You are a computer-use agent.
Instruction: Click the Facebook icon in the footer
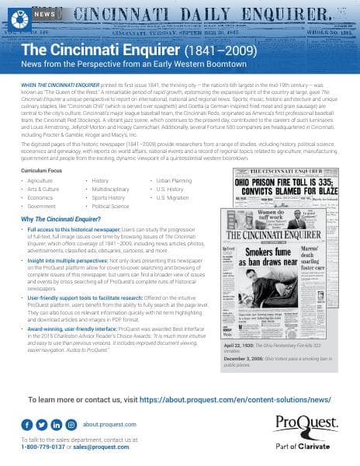[29, 424]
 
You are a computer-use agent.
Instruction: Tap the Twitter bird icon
[43, 424]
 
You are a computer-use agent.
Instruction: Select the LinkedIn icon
[57, 424]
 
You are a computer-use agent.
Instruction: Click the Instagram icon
[71, 424]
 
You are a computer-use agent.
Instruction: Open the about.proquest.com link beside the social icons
[109, 425]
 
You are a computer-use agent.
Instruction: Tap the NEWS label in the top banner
[44, 15]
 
